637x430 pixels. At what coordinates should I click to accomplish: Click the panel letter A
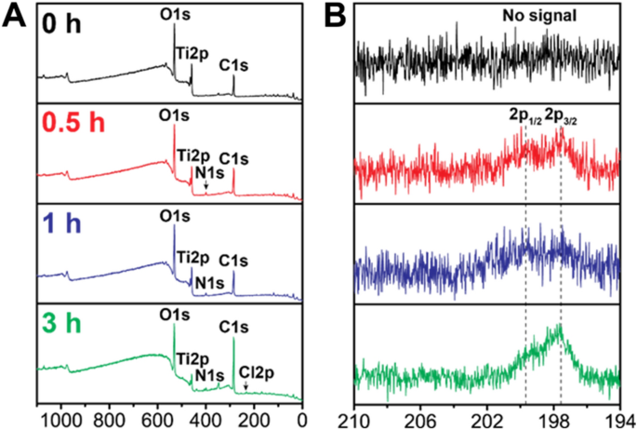[12, 14]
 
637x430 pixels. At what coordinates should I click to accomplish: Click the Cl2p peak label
[254, 369]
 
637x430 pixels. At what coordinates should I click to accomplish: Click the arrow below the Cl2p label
[246, 384]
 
